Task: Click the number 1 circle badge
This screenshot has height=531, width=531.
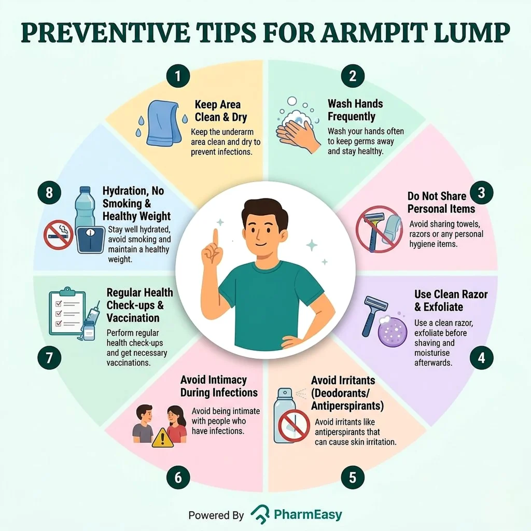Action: [x=178, y=76]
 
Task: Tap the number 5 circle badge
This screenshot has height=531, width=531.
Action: [x=353, y=478]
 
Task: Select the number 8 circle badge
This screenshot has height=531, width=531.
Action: [x=49, y=193]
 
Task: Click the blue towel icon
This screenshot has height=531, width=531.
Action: [x=162, y=123]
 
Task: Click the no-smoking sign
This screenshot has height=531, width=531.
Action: [x=58, y=235]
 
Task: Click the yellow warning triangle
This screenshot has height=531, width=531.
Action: [x=162, y=438]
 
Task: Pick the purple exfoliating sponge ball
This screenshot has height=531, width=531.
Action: [x=393, y=332]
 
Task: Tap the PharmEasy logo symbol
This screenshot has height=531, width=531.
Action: [x=260, y=514]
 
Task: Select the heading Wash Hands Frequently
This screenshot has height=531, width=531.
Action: [x=355, y=110]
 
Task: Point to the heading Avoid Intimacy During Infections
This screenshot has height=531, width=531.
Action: [x=219, y=386]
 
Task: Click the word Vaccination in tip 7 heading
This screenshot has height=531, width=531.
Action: [x=133, y=318]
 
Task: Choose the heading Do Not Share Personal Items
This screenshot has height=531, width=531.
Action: [x=441, y=202]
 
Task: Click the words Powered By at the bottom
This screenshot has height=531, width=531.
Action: [x=216, y=515]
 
